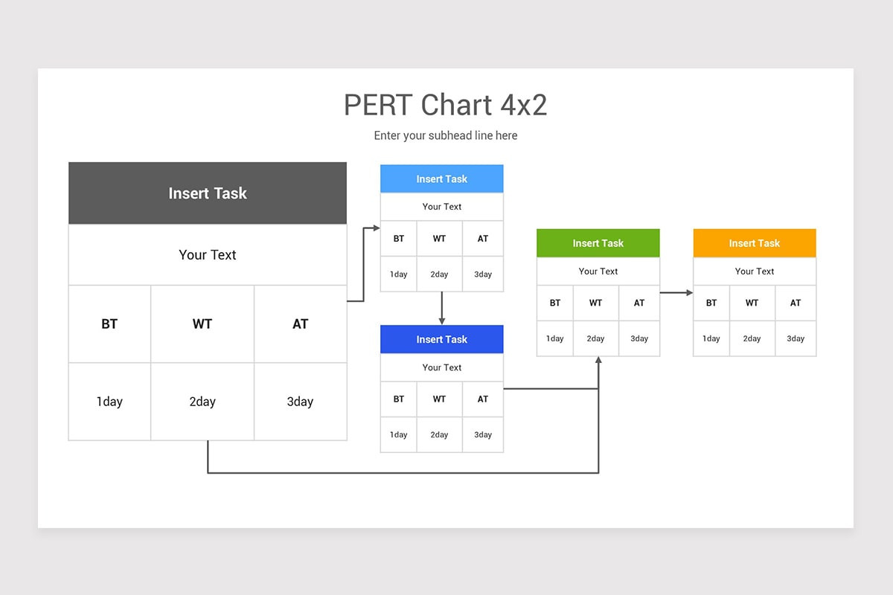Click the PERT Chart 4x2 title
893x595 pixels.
click(x=445, y=105)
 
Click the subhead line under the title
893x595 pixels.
click(x=445, y=135)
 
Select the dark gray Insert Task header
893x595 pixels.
click(x=208, y=193)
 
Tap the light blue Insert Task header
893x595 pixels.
click(x=441, y=178)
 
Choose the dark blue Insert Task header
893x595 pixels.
click(x=441, y=339)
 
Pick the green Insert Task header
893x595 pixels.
click(x=598, y=243)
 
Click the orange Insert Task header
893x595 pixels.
click(x=754, y=243)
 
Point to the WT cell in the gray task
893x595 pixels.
click(x=202, y=324)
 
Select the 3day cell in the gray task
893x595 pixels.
click(x=300, y=402)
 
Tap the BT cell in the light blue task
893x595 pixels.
click(x=399, y=239)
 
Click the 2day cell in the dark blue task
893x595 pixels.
click(x=439, y=434)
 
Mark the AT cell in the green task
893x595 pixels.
click(x=639, y=303)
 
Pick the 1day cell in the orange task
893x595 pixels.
click(x=711, y=338)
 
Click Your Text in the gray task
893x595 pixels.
click(x=208, y=254)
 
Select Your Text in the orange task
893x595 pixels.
click(x=754, y=271)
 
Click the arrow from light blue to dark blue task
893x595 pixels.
click(x=441, y=307)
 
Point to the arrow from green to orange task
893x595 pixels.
click(x=675, y=292)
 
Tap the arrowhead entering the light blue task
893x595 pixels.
click(x=377, y=228)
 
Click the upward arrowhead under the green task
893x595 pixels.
click(x=598, y=361)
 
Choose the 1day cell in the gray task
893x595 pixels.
click(x=109, y=402)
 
